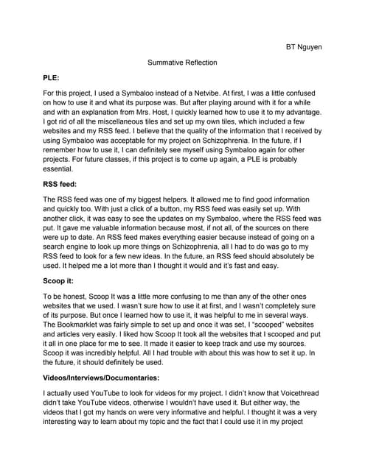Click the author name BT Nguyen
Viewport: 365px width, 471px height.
304,47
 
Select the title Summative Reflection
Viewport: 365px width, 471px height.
182,63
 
